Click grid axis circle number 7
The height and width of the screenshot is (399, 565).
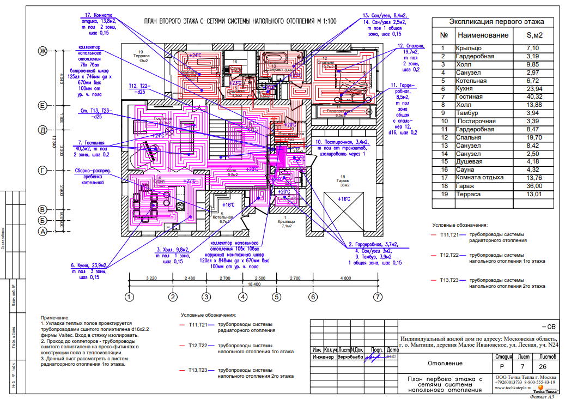[x=377, y=297]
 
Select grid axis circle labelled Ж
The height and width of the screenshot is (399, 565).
[x=42, y=51]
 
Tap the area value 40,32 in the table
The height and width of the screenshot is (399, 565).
[x=532, y=97]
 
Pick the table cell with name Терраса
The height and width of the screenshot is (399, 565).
[x=469, y=194]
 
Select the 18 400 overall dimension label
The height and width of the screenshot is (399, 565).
[x=253, y=285]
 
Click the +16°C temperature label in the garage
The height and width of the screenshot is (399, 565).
[x=343, y=199]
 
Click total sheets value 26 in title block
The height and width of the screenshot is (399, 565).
[x=545, y=367]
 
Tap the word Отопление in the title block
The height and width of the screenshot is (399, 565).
[x=445, y=363]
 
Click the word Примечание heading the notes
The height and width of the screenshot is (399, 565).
[x=55, y=317]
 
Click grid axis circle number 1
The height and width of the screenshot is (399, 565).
[x=129, y=297]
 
